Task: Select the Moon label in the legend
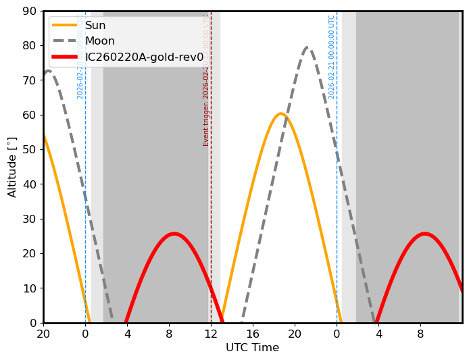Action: coord(101,41)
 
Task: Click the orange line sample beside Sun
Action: coord(66,26)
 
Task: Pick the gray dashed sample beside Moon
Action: coord(66,41)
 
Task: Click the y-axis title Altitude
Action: coord(12,167)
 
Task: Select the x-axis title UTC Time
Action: coord(252,348)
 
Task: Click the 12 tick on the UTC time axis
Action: coord(211,334)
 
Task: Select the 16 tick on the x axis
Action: coord(253,334)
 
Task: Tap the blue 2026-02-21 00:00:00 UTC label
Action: coord(332,57)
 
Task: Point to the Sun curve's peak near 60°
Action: coord(281,113)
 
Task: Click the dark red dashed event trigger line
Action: coord(211,203)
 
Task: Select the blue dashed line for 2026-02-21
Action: coord(337,203)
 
